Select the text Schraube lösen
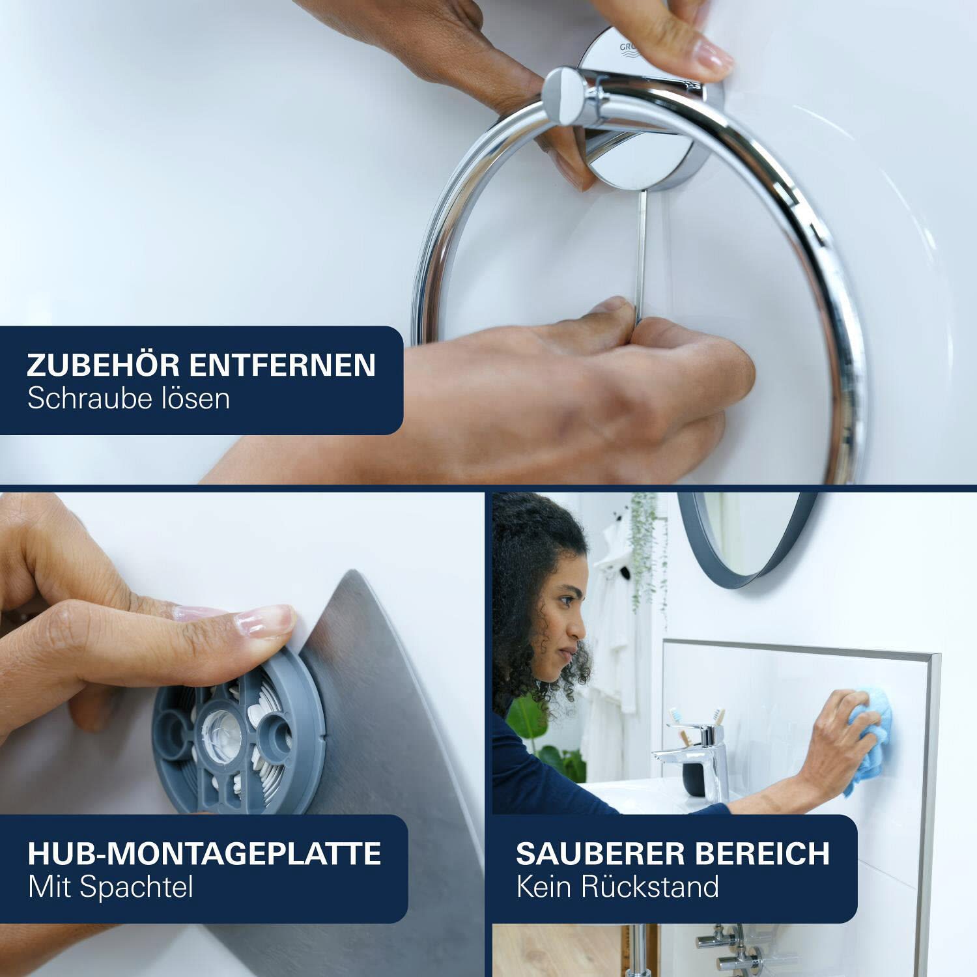(128, 399)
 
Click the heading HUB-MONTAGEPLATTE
(205, 853)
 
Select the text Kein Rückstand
(617, 887)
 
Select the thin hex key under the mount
(642, 251)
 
